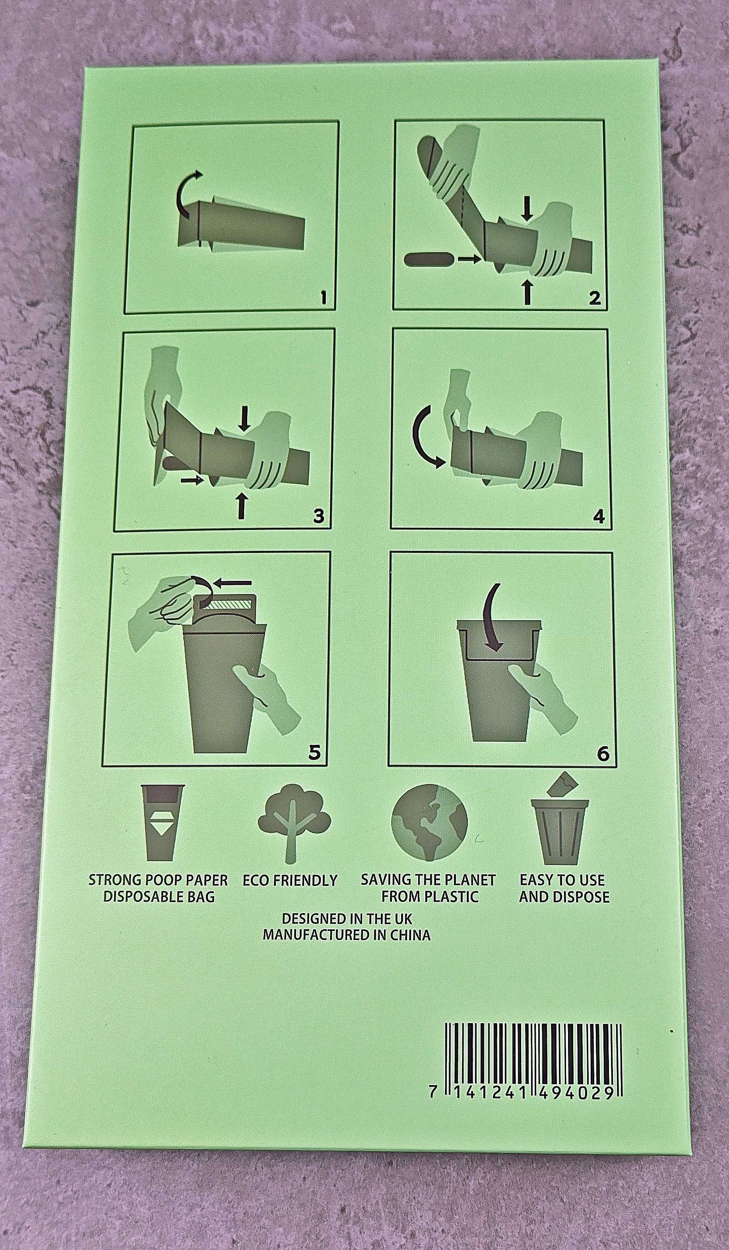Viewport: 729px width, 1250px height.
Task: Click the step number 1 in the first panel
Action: [x=323, y=300]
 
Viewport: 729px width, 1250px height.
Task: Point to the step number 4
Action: [x=599, y=516]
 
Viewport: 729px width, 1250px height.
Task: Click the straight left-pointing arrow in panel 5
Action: [x=233, y=583]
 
